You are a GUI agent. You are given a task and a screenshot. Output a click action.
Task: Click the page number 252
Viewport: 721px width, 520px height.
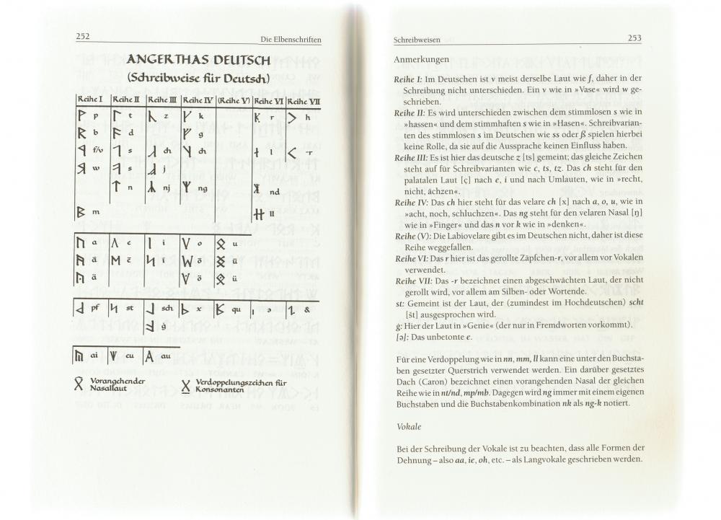tap(82, 37)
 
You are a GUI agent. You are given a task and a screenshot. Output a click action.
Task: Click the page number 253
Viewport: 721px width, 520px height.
tap(634, 38)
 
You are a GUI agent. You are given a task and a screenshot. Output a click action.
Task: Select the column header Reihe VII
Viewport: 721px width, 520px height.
tap(304, 100)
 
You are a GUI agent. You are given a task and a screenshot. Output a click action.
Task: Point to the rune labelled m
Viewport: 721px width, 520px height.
tap(81, 212)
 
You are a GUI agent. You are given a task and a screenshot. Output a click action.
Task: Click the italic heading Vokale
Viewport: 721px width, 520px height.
tap(408, 427)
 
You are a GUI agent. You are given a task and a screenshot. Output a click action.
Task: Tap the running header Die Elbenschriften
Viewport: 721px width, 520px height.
tap(291, 38)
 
